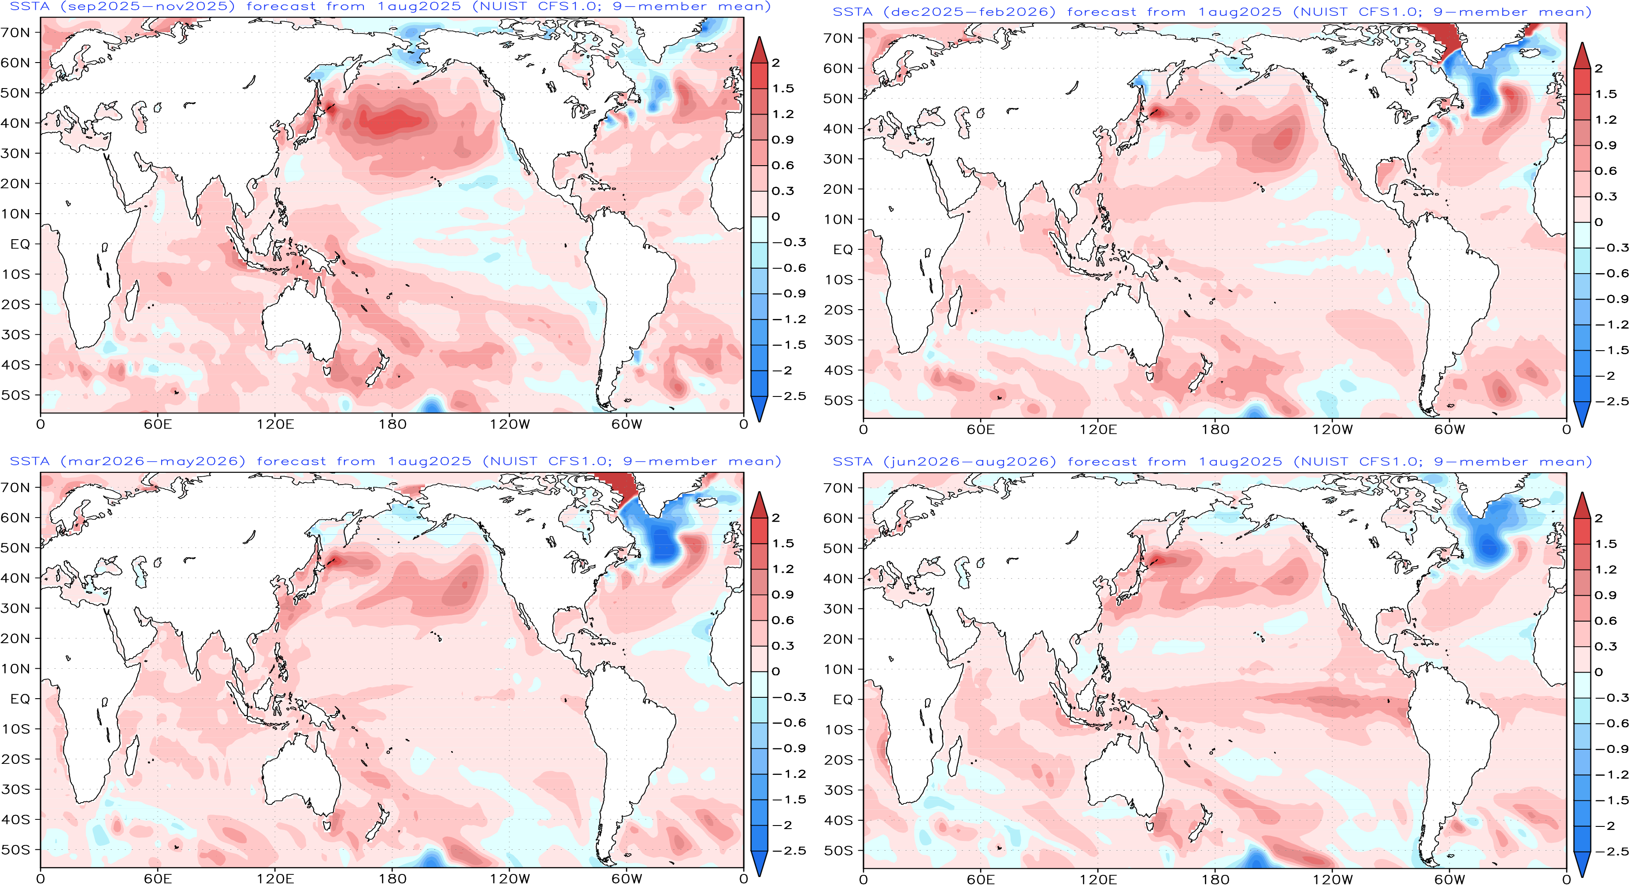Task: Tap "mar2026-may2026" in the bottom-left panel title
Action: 153,461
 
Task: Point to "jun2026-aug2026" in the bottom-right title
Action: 970,462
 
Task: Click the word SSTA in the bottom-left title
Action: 30,461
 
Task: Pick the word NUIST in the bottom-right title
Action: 1323,462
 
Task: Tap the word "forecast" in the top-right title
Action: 1102,12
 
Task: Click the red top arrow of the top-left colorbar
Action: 759,51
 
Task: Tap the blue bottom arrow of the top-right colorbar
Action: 1582,415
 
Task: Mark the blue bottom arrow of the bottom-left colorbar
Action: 759,863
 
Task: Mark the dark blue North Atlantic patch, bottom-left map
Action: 661,541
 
